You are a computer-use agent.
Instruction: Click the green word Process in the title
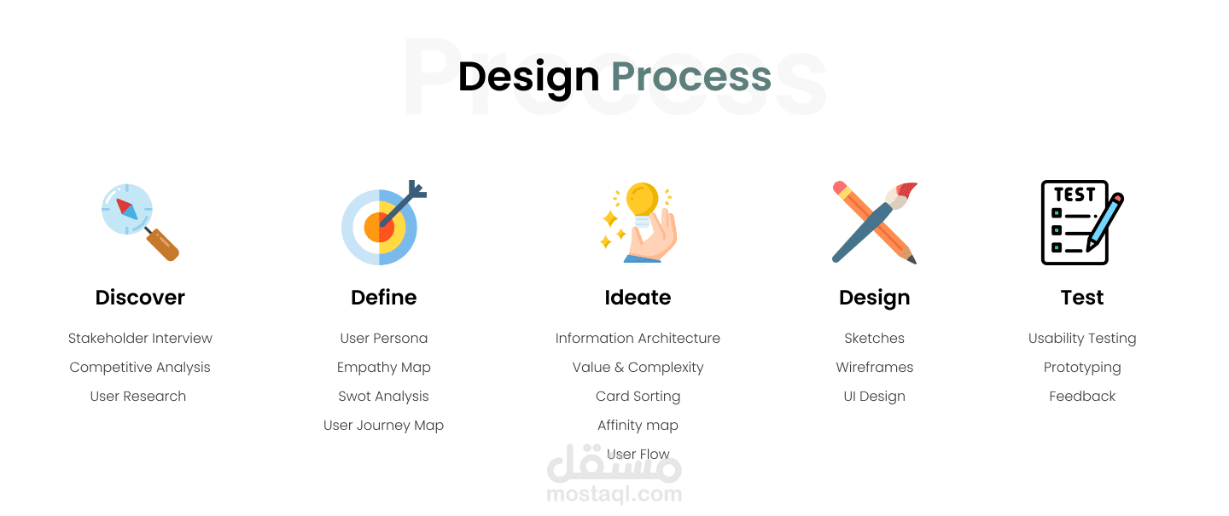pos(691,77)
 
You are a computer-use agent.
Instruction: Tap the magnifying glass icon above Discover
pos(140,222)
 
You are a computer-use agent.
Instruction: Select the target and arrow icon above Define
pos(383,223)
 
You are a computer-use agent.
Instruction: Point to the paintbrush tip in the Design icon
pos(907,189)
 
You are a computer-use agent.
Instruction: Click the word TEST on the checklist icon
pos(1074,194)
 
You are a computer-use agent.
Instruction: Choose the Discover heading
pos(140,297)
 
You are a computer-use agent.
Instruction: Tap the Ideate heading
pos(638,297)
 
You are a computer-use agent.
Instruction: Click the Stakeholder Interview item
pos(140,338)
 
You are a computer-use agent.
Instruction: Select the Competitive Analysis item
pos(140,368)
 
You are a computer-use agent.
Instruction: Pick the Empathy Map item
pos(383,368)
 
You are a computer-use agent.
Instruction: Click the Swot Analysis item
pos(383,397)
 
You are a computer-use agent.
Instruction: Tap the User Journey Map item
pos(383,426)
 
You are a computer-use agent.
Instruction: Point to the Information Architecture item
pos(638,338)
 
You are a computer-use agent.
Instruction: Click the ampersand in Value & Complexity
pos(619,368)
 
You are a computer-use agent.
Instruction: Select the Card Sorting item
pos(638,397)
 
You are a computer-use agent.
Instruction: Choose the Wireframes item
pos(875,367)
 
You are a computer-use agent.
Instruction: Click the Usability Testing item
pos(1082,339)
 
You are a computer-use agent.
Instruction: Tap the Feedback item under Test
pos(1082,396)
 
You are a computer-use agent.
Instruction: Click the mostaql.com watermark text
pos(614,494)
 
